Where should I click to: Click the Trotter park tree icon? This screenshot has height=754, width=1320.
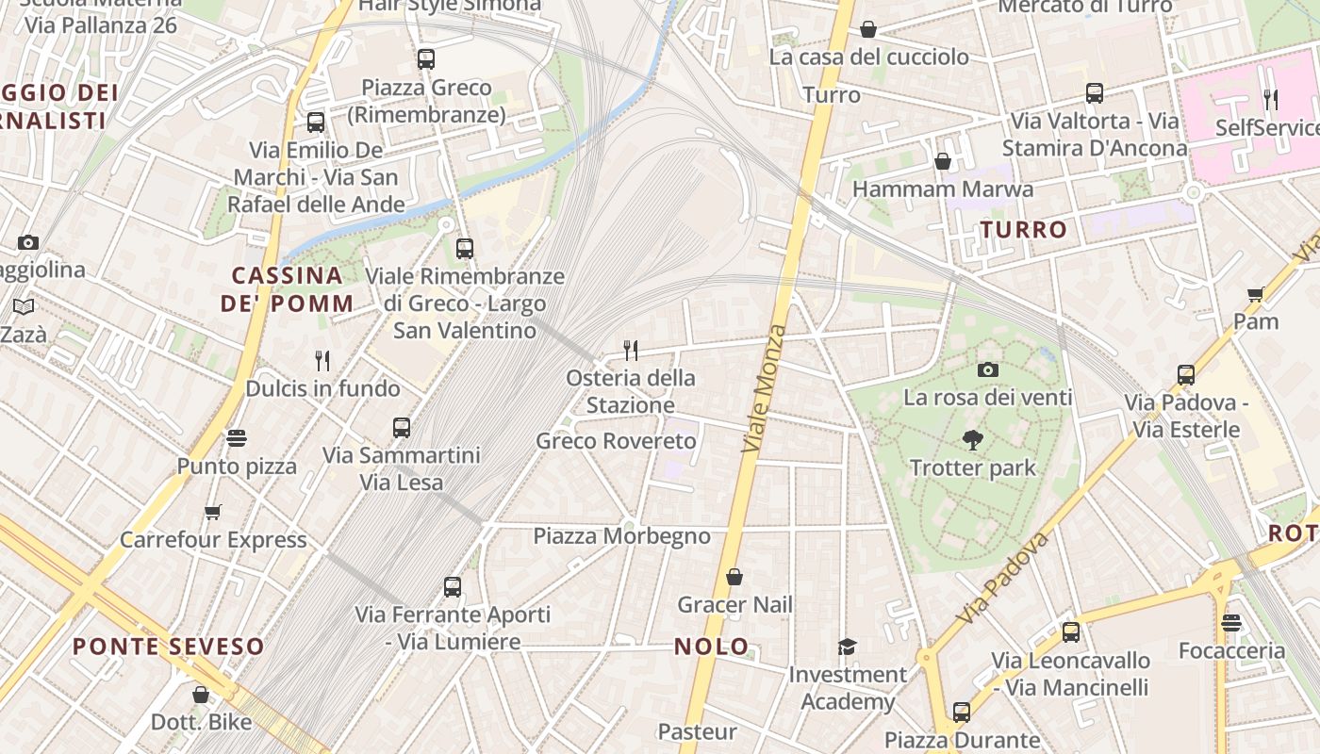point(972,439)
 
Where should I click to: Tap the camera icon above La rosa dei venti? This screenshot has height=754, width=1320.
point(987,369)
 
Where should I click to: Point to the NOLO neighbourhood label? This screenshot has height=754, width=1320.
point(712,647)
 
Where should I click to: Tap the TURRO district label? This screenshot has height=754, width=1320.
point(1023,229)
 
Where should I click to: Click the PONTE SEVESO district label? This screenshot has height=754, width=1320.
point(169,647)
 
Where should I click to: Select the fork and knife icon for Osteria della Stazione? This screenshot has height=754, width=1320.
point(631,351)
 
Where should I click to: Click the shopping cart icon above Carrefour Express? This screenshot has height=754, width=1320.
point(212,513)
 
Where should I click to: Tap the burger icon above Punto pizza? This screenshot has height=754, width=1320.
point(236,438)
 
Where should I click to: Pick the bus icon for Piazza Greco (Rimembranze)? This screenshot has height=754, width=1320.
point(426,59)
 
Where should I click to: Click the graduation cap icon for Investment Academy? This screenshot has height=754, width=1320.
point(847,647)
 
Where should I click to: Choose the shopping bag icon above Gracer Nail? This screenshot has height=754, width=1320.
point(734,577)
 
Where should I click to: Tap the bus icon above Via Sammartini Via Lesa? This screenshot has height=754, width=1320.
point(402,428)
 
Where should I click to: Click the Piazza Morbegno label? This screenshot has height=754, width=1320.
point(621,536)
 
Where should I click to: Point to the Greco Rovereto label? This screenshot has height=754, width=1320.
point(616,441)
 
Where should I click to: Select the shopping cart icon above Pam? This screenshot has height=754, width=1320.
point(1255,295)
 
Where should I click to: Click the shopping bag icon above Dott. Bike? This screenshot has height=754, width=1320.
point(201,696)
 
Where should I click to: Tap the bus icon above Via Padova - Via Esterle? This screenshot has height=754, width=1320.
point(1186,375)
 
